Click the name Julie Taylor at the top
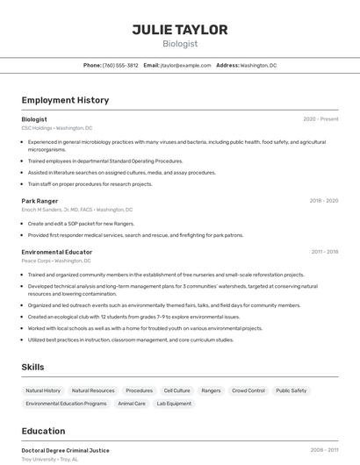pyautogui.click(x=180, y=30)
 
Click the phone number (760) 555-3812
pyautogui.click(x=120, y=65)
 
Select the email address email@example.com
pyautogui.click(x=191, y=65)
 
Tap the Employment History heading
pyautogui.click(x=65, y=100)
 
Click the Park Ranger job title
pyautogui.click(x=39, y=200)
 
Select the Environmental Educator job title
pyautogui.click(x=57, y=252)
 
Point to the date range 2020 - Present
pyautogui.click(x=320, y=119)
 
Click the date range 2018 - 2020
pyautogui.click(x=323, y=200)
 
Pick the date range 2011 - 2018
pyautogui.click(x=324, y=252)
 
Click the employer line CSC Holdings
pyautogui.click(x=56, y=128)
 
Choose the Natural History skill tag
pyautogui.click(x=43, y=390)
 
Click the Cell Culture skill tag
pyautogui.click(x=176, y=390)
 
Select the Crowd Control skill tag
pyautogui.click(x=248, y=390)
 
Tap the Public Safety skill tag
pyautogui.click(x=292, y=390)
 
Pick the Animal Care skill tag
pyautogui.click(x=132, y=404)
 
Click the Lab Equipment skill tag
pyautogui.click(x=174, y=404)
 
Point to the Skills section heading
pyautogui.click(x=33, y=367)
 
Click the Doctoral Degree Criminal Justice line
pyautogui.click(x=66, y=450)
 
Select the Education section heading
pyautogui.click(x=44, y=431)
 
